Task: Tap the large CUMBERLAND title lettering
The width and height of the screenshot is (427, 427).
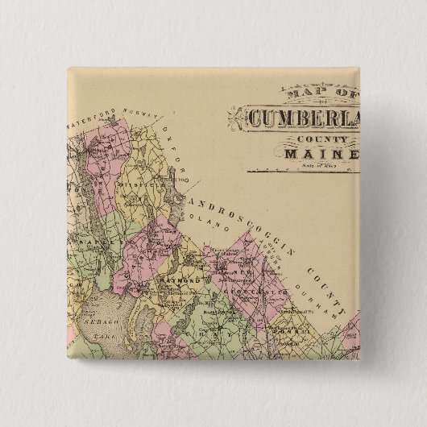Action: (305, 118)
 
